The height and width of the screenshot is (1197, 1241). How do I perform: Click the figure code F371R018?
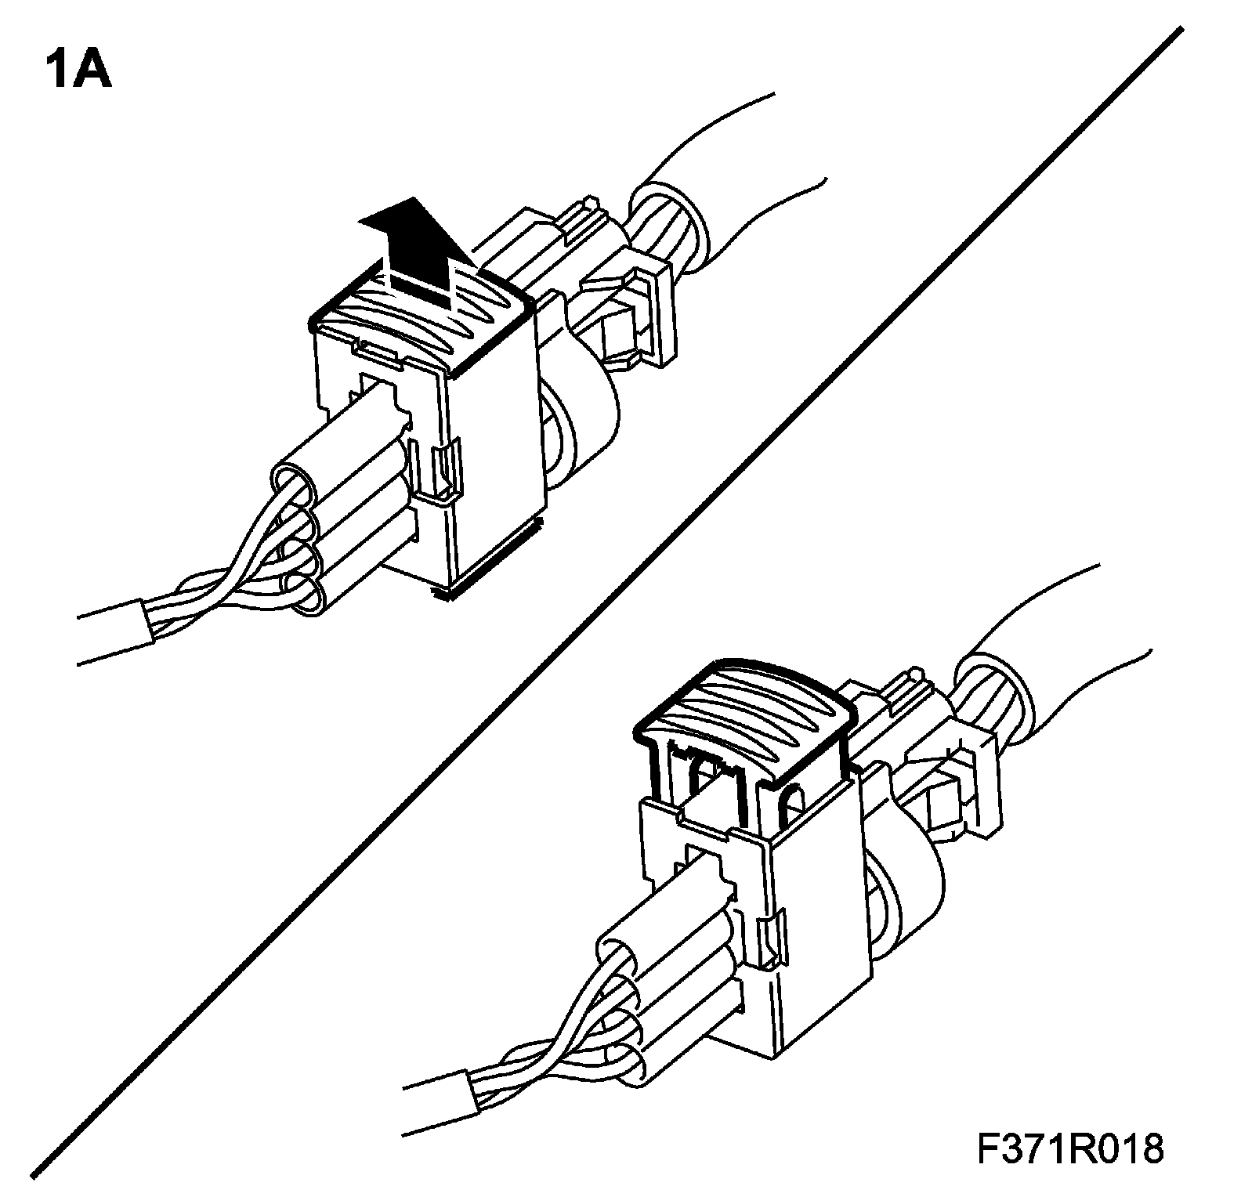pos(1070,1150)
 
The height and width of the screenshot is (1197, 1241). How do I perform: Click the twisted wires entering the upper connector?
pos(227,580)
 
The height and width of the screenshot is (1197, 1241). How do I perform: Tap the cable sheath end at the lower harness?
pos(470,1093)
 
